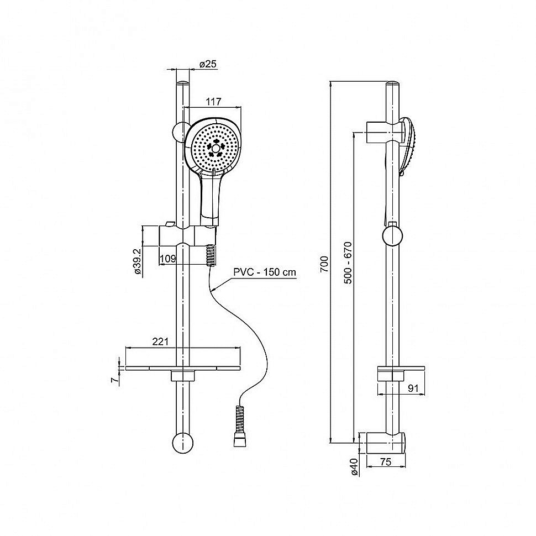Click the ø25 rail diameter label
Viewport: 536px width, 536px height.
208,64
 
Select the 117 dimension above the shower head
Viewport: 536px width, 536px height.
214,102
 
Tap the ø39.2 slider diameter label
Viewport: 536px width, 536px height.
138,262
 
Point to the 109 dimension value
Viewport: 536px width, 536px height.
168,259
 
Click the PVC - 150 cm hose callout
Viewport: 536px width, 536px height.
265,272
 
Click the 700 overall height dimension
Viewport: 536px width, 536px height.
324,264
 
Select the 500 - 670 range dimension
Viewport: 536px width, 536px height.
348,262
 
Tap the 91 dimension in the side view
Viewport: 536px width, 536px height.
413,388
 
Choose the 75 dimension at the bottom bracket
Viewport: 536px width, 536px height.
385,462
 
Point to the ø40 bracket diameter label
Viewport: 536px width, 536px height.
354,466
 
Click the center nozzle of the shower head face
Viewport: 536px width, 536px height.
216,148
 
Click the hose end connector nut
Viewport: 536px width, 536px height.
240,442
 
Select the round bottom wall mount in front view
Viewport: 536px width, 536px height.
183,443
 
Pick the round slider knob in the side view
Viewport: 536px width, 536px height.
393,235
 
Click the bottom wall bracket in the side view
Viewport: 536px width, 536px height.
386,443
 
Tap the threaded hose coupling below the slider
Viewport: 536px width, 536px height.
211,255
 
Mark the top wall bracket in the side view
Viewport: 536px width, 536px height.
383,132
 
